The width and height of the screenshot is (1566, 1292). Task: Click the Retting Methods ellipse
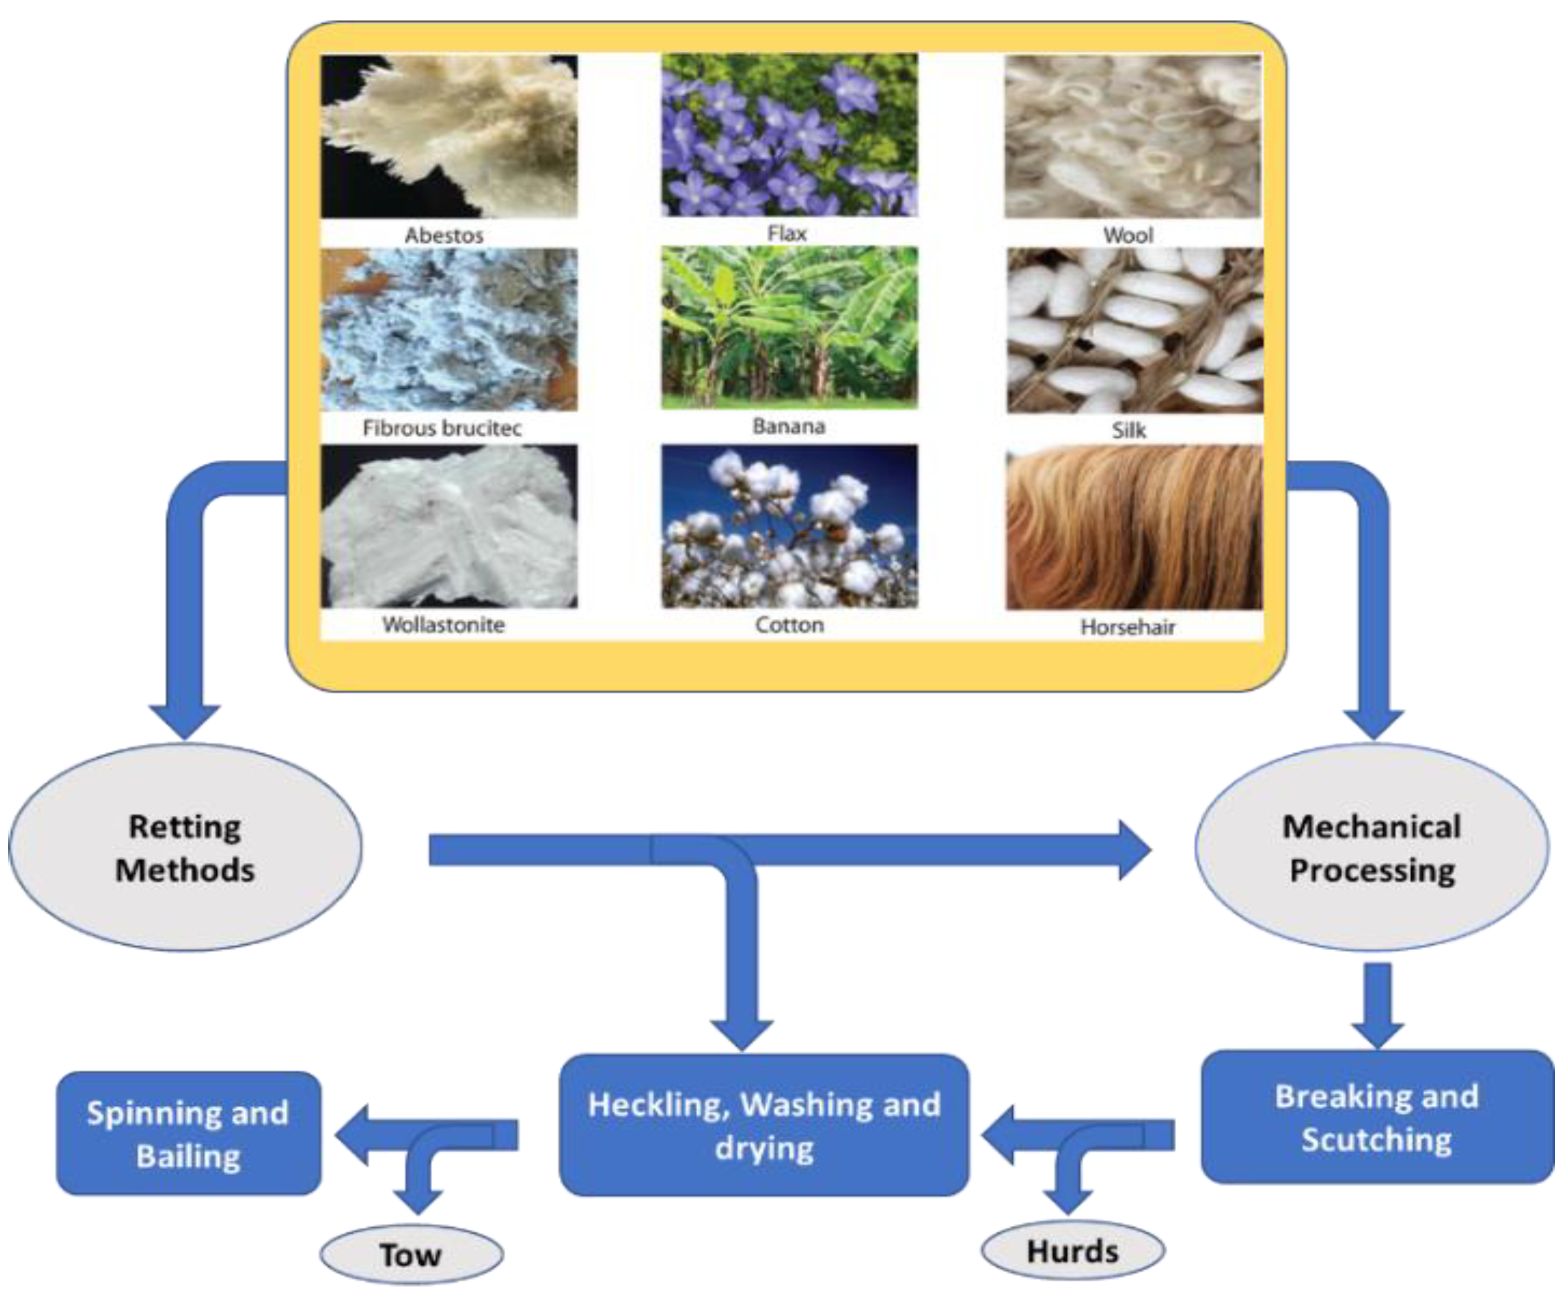point(184,848)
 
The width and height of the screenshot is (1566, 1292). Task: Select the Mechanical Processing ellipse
point(1372,848)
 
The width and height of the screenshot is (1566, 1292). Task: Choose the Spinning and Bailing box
point(188,1133)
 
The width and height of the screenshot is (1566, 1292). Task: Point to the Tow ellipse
point(411,1254)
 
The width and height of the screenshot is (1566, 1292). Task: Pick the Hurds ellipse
point(1073,1251)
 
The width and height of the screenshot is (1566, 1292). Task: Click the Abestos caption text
point(444,235)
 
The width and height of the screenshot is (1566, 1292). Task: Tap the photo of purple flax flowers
point(789,135)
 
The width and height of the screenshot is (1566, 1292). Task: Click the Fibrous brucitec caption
point(442,428)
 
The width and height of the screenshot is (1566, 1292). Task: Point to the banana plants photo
point(789,327)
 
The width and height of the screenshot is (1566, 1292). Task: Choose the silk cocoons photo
point(1134,331)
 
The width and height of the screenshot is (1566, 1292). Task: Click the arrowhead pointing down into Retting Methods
point(184,720)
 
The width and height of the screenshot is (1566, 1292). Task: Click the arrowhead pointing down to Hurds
point(1068,1199)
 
